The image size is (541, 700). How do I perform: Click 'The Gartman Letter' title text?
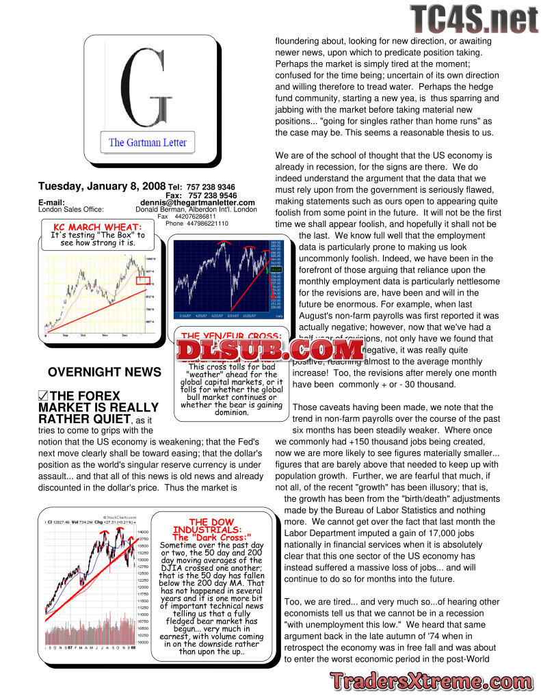pos(145,143)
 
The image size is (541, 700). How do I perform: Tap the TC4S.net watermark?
pos(474,19)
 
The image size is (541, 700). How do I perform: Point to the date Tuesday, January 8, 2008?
pos(102,186)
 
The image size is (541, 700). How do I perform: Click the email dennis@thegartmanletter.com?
pos(198,202)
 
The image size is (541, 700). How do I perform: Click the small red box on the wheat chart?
pos(143,280)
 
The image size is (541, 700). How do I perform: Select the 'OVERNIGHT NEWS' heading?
pos(105,373)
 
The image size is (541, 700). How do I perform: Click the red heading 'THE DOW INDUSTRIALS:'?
pos(206,526)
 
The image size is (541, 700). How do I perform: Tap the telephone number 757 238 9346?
pos(211,187)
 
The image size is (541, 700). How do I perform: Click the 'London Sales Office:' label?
pos(70,209)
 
